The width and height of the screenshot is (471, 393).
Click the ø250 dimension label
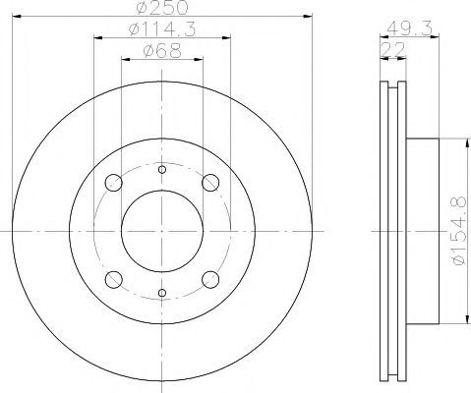pyautogui.click(x=162, y=7)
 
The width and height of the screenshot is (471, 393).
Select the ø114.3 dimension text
pyautogui.click(x=162, y=29)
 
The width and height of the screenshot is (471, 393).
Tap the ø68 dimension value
pyautogui.click(x=162, y=51)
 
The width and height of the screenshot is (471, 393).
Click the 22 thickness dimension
pyautogui.click(x=392, y=49)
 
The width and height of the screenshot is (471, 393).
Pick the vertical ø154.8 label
pyautogui.click(x=458, y=231)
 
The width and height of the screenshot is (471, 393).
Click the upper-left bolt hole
pyautogui.click(x=114, y=183)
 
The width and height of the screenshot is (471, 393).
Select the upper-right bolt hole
pyautogui.click(x=210, y=183)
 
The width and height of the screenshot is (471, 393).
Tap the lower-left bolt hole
pyautogui.click(x=114, y=280)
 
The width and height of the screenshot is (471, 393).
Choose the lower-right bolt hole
pyautogui.click(x=210, y=280)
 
